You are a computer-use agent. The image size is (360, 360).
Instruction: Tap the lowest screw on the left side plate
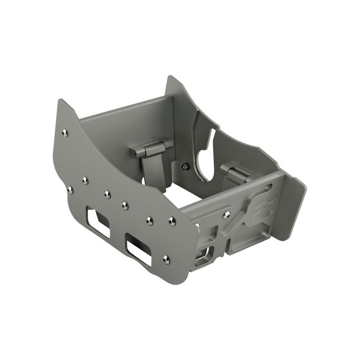click(166, 259)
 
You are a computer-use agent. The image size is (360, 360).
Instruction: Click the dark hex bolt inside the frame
click(185, 167)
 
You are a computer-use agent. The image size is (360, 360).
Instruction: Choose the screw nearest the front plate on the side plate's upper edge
click(172, 220)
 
